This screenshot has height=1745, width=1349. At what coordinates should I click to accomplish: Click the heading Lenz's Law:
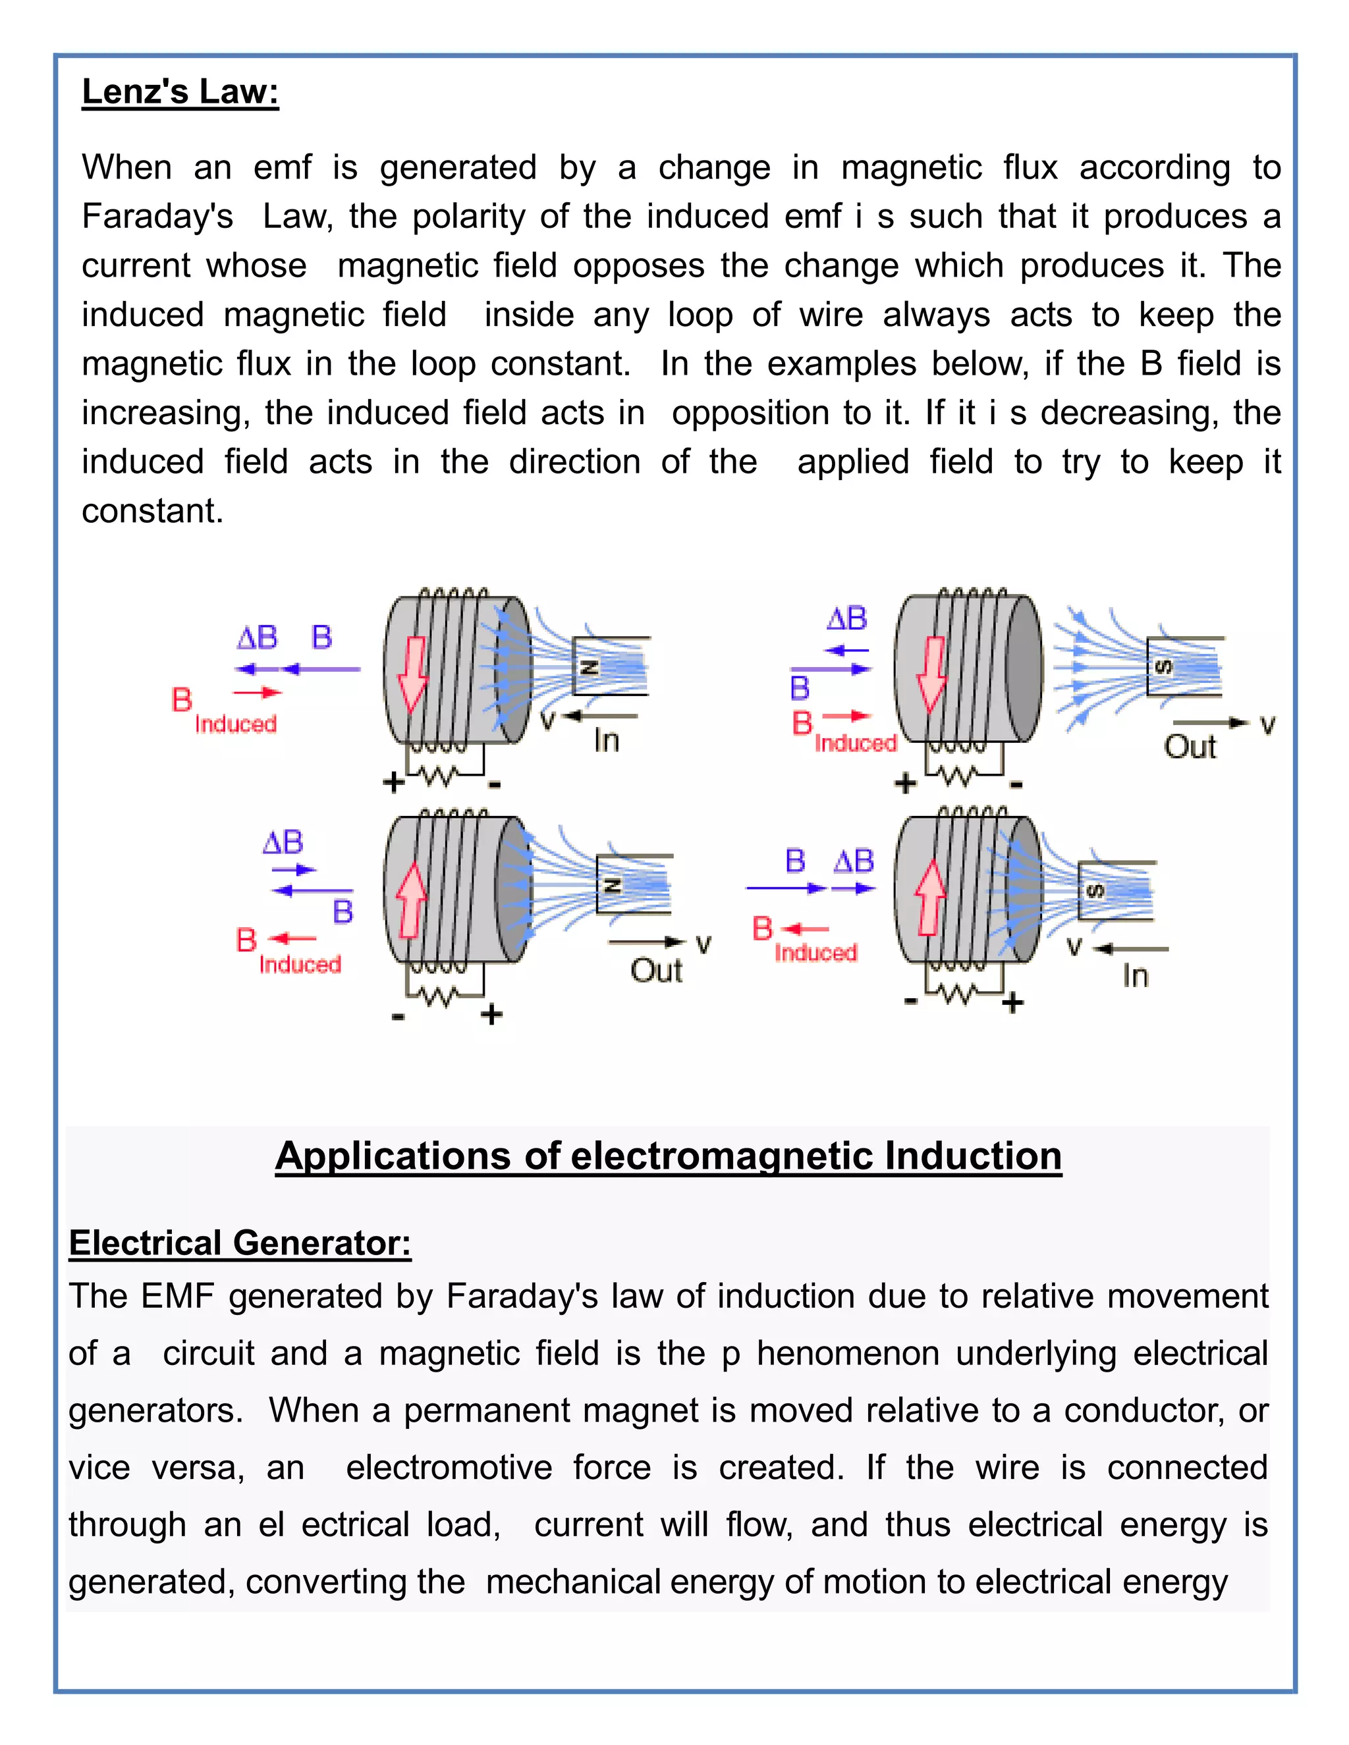click(180, 92)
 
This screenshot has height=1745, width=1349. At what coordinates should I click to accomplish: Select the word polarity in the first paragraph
click(468, 217)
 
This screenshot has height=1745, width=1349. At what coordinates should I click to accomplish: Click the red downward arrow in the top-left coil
click(412, 675)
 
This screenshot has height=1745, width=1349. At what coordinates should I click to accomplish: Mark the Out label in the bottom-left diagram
click(655, 971)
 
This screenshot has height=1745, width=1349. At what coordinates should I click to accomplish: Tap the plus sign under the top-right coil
click(904, 783)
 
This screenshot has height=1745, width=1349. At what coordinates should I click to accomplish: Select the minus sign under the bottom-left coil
click(398, 1016)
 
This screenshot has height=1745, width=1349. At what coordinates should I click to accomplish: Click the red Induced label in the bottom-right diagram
click(815, 952)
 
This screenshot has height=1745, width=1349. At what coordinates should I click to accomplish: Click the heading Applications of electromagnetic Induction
click(668, 1156)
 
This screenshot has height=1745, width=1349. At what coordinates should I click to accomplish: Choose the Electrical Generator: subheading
click(240, 1243)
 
